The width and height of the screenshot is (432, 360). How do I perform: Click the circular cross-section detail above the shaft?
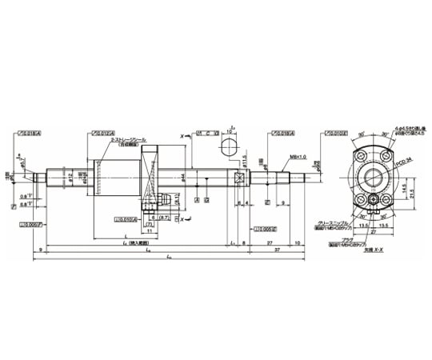[227, 146]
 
